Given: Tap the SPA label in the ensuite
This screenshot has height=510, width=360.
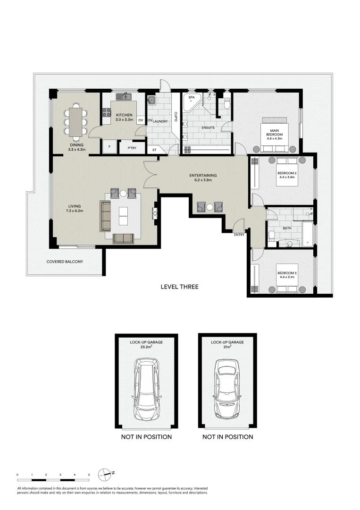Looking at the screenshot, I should [x=191, y=97].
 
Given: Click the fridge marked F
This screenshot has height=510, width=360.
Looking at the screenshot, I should [x=109, y=147].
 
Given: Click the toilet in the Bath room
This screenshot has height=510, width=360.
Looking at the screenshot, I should [x=272, y=236].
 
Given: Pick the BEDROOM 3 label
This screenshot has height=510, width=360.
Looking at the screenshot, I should [x=286, y=273].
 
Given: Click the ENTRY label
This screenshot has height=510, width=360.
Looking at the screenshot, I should [x=239, y=235].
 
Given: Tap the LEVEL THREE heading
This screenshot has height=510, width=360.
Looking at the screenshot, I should [x=179, y=287].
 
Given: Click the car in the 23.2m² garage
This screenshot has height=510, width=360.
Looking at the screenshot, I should [x=147, y=390].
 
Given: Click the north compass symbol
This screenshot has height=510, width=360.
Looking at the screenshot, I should [x=104, y=474].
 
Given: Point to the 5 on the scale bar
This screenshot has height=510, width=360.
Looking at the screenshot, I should [x=89, y=474].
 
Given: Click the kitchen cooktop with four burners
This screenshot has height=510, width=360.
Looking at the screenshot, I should [x=106, y=112].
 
